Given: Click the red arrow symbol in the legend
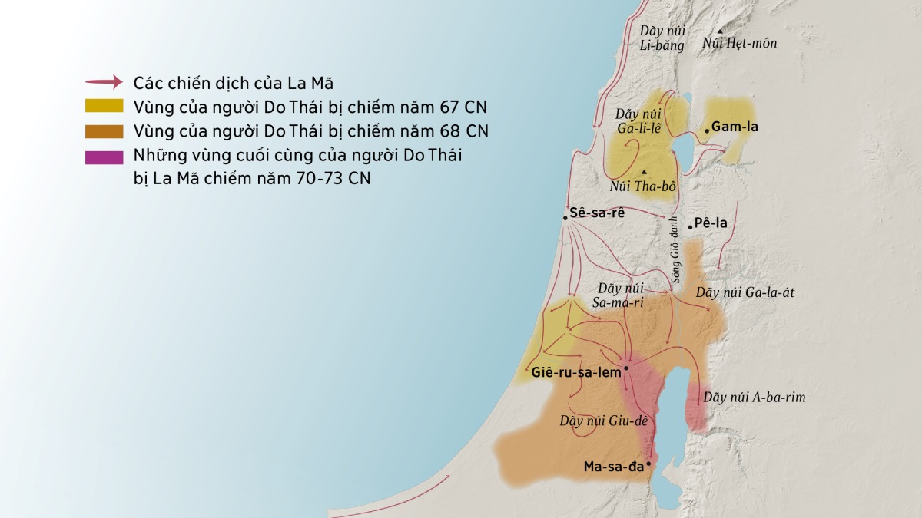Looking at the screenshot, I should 104,81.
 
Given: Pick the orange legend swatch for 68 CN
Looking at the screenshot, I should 104,130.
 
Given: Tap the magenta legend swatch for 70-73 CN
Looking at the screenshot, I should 104,157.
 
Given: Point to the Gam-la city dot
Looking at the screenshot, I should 706,131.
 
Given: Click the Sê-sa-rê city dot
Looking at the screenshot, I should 565,218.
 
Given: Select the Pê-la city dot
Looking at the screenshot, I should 690,226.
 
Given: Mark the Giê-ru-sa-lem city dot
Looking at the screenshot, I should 626,368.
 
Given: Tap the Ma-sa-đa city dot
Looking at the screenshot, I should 649,464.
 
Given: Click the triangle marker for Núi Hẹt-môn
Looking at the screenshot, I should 720,31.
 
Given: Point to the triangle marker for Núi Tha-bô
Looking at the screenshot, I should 644,171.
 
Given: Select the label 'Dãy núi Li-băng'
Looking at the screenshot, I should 662,38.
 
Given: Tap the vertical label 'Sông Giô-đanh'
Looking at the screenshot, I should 675,252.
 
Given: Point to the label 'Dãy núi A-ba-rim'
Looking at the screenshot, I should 754,398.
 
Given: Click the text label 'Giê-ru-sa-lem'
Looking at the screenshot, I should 575,373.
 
